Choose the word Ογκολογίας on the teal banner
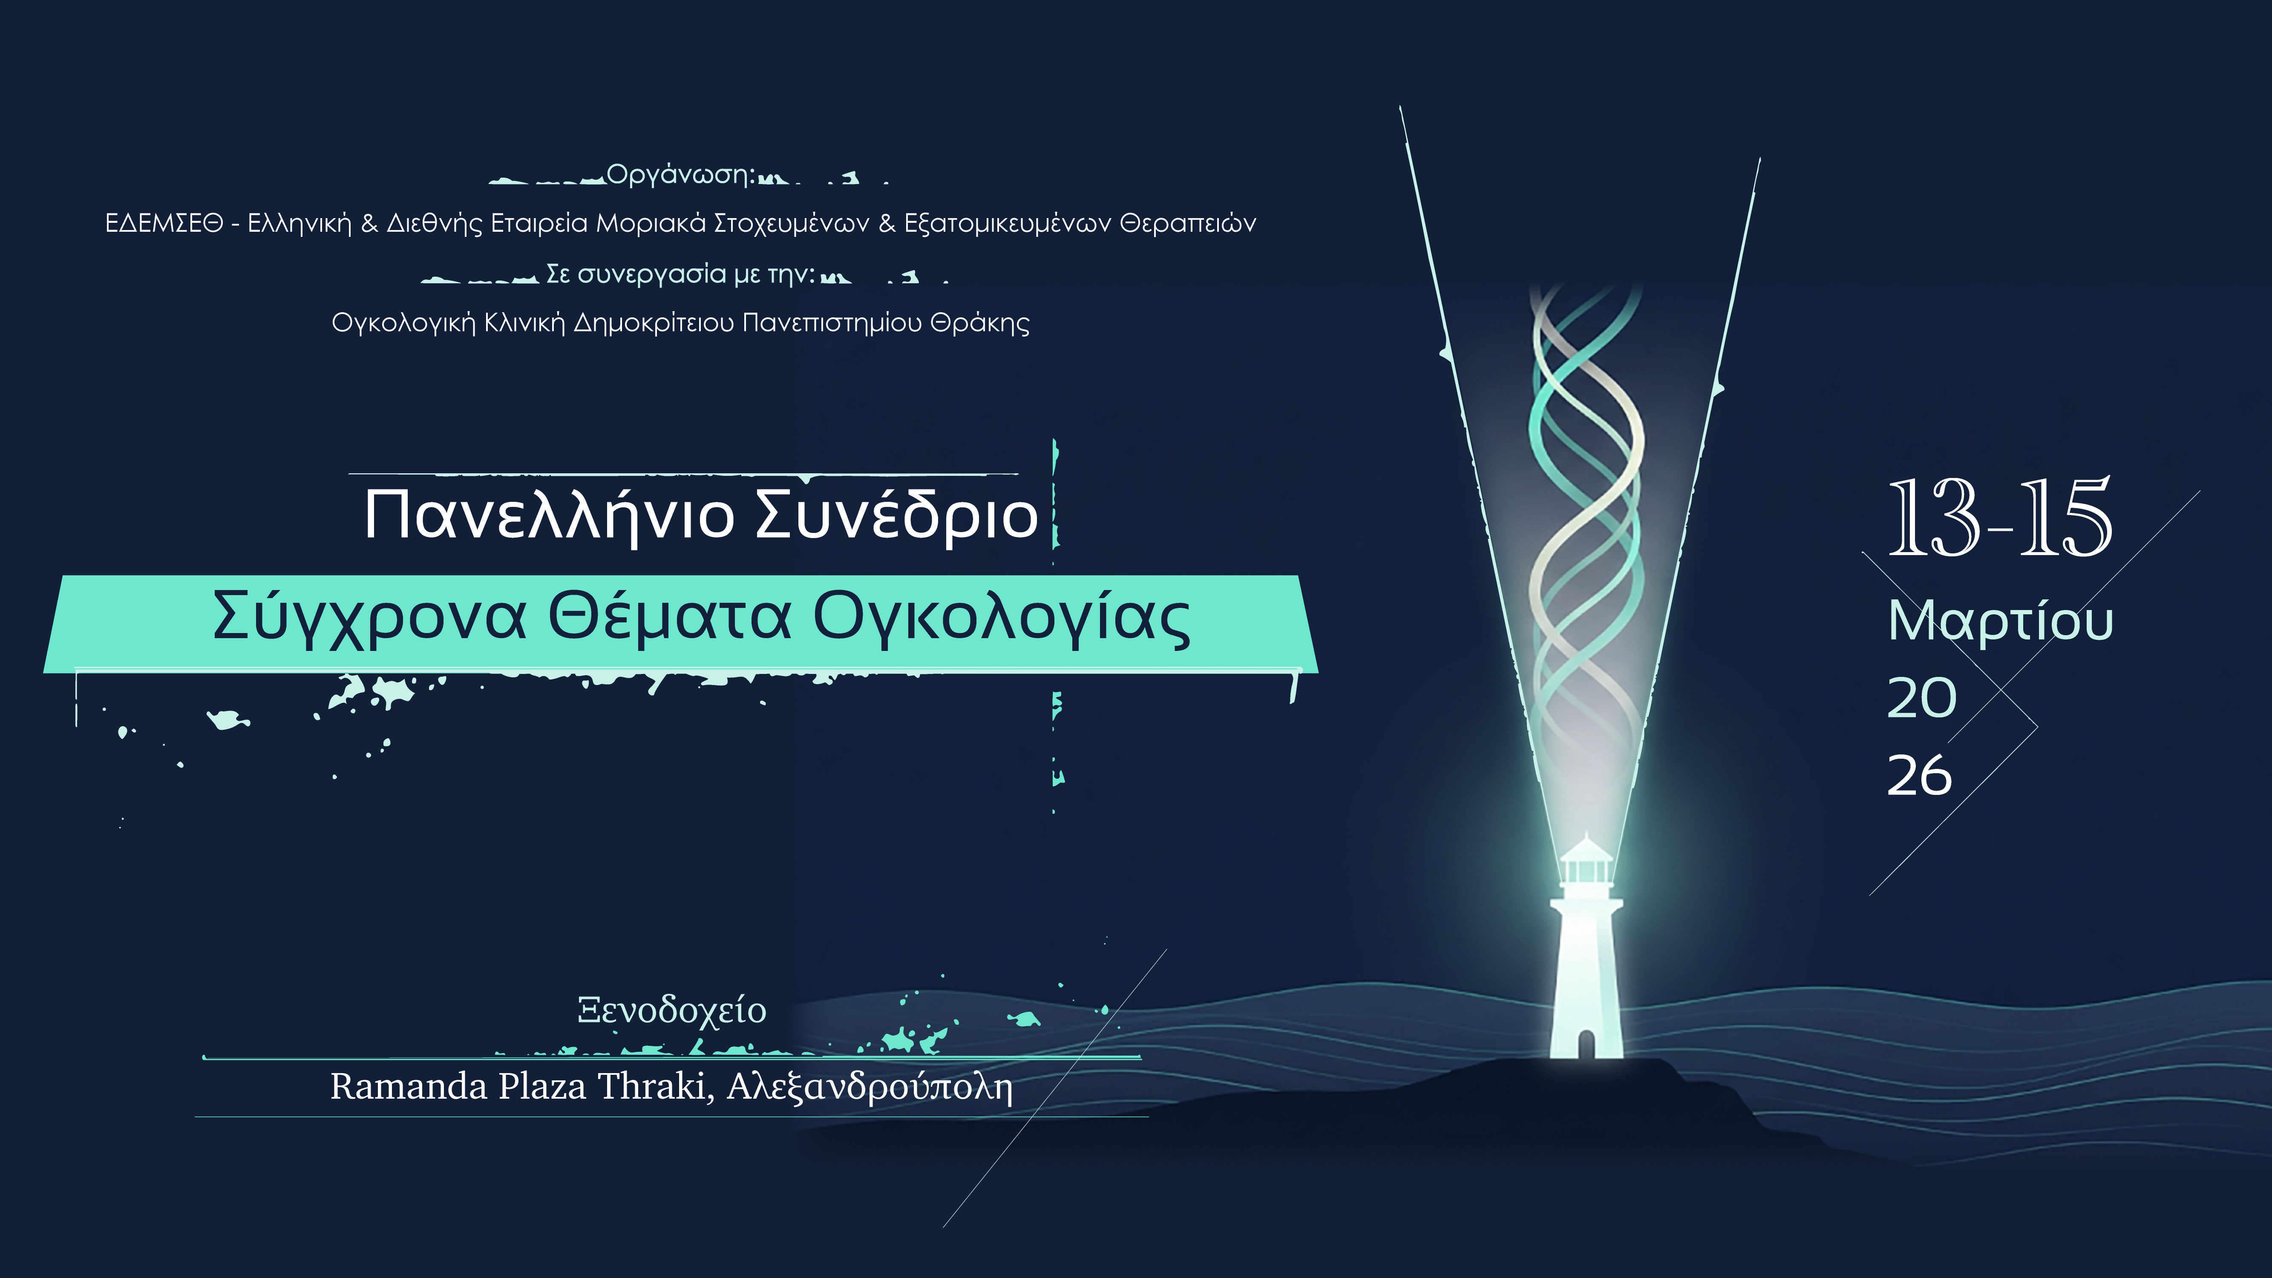(x=1001, y=617)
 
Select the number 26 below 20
(x=1919, y=776)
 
